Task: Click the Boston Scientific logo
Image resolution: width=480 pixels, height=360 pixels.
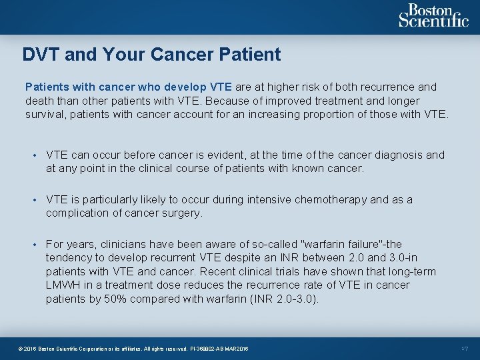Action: click(x=433, y=16)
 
